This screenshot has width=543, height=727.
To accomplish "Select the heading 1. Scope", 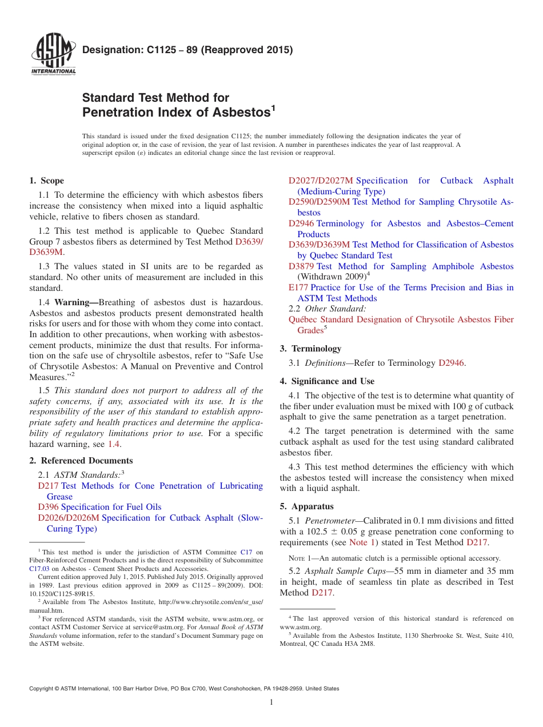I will point(47,181).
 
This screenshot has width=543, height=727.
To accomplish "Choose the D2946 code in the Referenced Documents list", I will point(301,223).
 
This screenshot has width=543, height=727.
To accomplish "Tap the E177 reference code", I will point(298,287).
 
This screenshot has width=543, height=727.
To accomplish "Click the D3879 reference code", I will point(301,266).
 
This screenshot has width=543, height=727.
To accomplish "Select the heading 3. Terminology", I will point(310,349).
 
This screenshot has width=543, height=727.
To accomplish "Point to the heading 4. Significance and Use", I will point(327,381).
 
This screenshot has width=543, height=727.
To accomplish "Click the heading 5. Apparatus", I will point(307,506).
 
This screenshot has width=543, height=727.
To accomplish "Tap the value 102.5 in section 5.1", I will point(311,532).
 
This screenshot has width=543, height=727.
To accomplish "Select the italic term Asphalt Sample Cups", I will point(340,571).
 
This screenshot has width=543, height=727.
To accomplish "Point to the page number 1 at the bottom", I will point(271,702).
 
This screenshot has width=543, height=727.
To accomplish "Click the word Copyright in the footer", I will point(43,689).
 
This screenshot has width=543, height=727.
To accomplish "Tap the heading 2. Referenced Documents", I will point(81,461).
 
